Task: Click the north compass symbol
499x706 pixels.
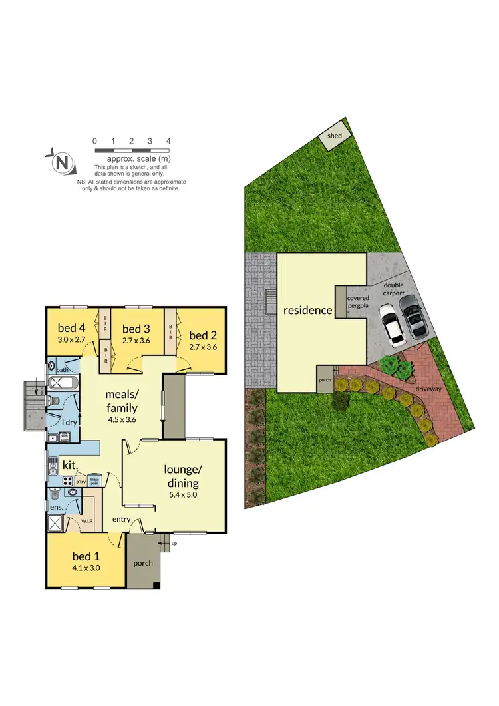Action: pyautogui.click(x=61, y=162)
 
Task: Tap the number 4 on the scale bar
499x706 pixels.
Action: pyautogui.click(x=169, y=141)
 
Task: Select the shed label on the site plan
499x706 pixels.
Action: pyautogui.click(x=334, y=136)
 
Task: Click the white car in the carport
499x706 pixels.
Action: pyautogui.click(x=391, y=325)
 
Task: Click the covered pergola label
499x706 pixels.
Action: pyautogui.click(x=356, y=303)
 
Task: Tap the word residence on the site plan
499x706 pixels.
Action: pyautogui.click(x=307, y=310)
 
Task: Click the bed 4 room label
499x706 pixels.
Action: pyautogui.click(x=71, y=328)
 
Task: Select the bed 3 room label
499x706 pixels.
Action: pyautogui.click(x=136, y=329)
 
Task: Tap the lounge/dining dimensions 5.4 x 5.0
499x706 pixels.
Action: pyautogui.click(x=182, y=494)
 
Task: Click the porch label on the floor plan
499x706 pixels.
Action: pyautogui.click(x=142, y=563)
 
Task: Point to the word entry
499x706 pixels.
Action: pyautogui.click(x=121, y=519)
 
